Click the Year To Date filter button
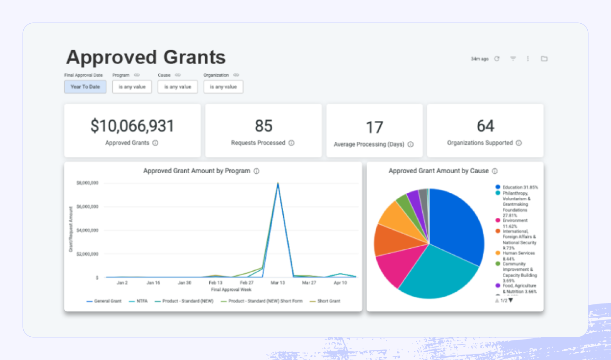pyautogui.click(x=85, y=87)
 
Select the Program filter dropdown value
pyautogui.click(x=132, y=87)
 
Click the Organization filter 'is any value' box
pyautogui.click(x=223, y=87)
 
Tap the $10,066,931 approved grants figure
pyautogui.click(x=132, y=126)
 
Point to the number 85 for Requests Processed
pyautogui.click(x=263, y=126)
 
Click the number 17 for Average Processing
pyautogui.click(x=374, y=128)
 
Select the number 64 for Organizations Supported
pyautogui.click(x=485, y=126)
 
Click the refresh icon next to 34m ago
pyautogui.click(x=497, y=59)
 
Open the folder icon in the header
pyautogui.click(x=544, y=59)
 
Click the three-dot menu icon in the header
pyautogui.click(x=528, y=59)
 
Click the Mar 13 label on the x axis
pyautogui.click(x=278, y=283)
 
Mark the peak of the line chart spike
pyautogui.click(x=278, y=184)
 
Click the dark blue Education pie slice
pyautogui.click(x=456, y=223)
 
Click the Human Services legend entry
pyautogui.click(x=518, y=253)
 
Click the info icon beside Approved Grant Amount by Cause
pyautogui.click(x=495, y=171)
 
